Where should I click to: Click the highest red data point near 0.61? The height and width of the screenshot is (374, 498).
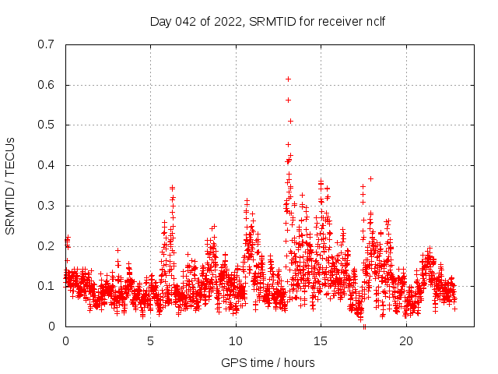coord(288,79)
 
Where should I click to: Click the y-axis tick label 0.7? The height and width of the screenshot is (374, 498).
coord(46,44)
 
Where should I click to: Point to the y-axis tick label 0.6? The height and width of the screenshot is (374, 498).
coord(46,85)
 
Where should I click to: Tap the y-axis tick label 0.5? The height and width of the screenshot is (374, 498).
coord(46,125)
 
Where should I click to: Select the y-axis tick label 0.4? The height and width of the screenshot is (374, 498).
coord(46,165)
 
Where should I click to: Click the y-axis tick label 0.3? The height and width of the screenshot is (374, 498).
coord(46,206)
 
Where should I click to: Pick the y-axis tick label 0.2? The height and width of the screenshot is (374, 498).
coord(46,246)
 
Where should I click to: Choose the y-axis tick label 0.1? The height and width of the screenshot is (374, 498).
coord(46,286)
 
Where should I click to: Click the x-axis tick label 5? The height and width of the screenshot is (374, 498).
coord(151,341)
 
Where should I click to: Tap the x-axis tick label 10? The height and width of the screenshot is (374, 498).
coord(236,341)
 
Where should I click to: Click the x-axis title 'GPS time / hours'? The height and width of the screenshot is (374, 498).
coord(268,362)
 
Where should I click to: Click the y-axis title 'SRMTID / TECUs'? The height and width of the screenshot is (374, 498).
coord(11,185)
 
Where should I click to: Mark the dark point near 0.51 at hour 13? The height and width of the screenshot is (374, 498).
coord(290,121)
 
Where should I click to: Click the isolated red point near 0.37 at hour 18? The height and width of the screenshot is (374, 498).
coord(370,178)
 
